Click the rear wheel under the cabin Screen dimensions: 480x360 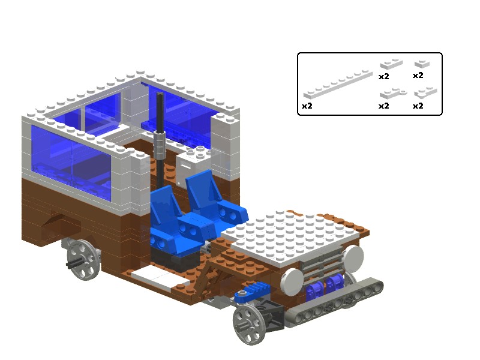pos(83,260)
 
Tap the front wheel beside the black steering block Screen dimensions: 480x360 pos(249,325)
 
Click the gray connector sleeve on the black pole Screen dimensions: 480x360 pos(160,145)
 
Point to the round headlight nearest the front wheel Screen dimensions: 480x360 pos(292,281)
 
